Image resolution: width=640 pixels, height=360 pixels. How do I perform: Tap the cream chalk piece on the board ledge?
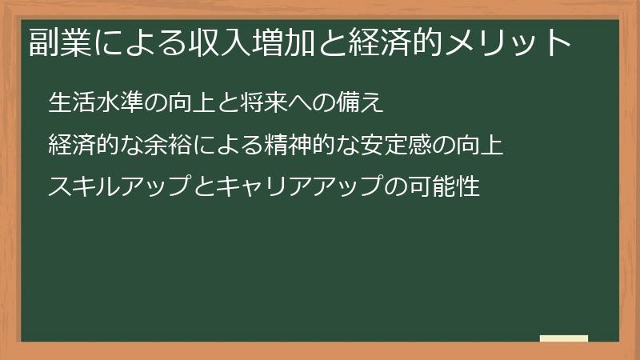click(x=564, y=338)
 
